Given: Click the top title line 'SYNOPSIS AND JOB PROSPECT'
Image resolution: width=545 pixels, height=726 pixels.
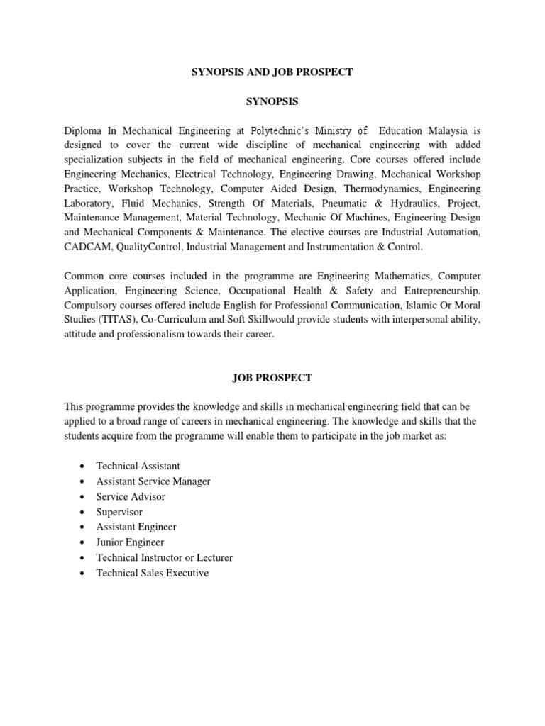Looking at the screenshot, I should (x=272, y=73).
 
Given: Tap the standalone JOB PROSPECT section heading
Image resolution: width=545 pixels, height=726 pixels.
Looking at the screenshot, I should (x=272, y=378).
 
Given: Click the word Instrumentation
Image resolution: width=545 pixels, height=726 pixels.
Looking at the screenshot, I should (x=344, y=247).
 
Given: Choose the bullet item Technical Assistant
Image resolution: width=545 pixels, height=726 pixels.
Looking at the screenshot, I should (x=138, y=466).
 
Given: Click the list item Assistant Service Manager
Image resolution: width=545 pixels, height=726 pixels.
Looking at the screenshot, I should (x=153, y=481).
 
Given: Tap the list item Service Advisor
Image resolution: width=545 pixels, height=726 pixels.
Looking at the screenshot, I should (x=132, y=496).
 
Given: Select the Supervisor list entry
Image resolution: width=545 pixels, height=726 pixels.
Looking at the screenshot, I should (x=119, y=512).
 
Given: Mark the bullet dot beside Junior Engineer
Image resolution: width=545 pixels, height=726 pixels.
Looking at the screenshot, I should (x=83, y=543).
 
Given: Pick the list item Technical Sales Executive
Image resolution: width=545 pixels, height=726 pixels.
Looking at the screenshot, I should (x=152, y=573).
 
